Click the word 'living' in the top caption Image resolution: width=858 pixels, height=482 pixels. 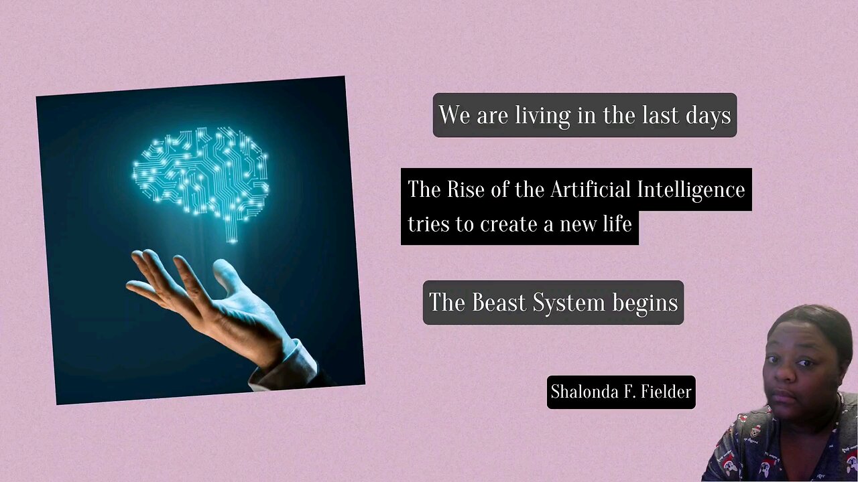tap(540, 115)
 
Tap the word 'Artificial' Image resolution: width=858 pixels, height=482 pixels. tap(591, 189)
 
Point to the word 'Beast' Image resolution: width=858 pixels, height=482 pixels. tap(499, 303)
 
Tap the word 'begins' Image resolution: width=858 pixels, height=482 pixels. tap(645, 303)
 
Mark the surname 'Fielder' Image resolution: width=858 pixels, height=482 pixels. tap(665, 392)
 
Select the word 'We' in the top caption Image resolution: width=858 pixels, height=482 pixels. tap(454, 115)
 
